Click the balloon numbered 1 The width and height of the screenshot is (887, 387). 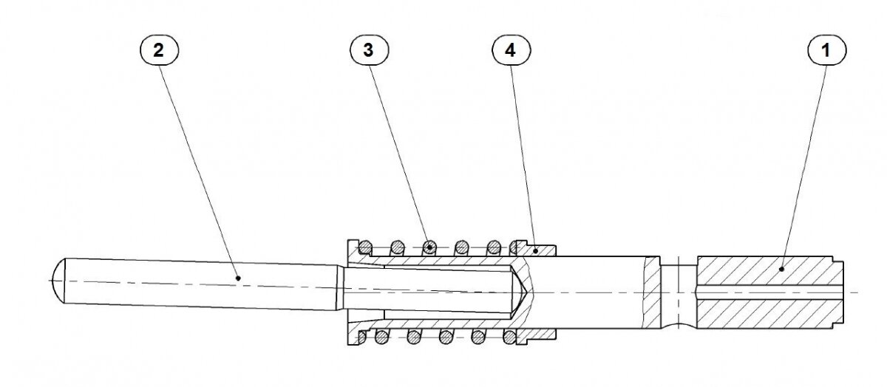tap(827, 50)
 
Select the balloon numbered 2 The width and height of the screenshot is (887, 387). tap(159, 50)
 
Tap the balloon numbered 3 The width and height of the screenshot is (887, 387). tap(369, 50)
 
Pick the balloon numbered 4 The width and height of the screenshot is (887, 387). tap(512, 50)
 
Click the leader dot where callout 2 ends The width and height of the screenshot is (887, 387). tap(238, 278)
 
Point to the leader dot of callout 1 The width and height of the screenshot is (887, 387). tap(781, 269)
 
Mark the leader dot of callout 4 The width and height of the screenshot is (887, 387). tap(535, 250)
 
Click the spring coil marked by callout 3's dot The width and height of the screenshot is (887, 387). tap(429, 247)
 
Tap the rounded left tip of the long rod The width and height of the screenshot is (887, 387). tap(58, 281)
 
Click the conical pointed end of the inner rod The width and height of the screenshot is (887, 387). tap(519, 292)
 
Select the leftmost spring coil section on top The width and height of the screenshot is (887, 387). tap(365, 247)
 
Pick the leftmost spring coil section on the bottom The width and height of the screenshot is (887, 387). tap(361, 337)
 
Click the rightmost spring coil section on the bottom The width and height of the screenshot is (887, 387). tap(509, 337)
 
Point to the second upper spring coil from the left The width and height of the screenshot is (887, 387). tap(397, 247)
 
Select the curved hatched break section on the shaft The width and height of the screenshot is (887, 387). tap(650, 292)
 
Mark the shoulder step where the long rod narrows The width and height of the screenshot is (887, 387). tap(340, 288)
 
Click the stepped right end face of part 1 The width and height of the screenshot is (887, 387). tap(838, 292)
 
